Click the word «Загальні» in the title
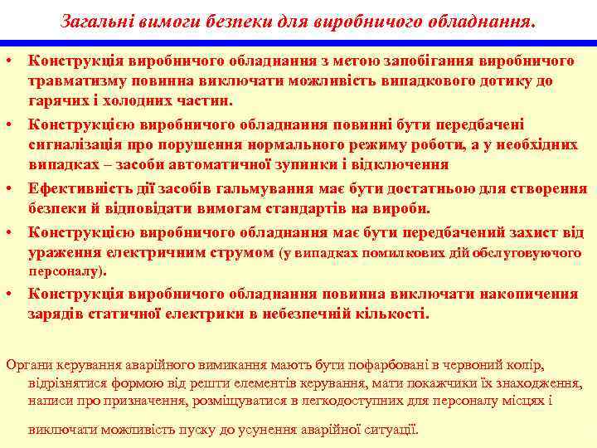93,19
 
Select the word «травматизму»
70,81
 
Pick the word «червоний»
473,364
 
